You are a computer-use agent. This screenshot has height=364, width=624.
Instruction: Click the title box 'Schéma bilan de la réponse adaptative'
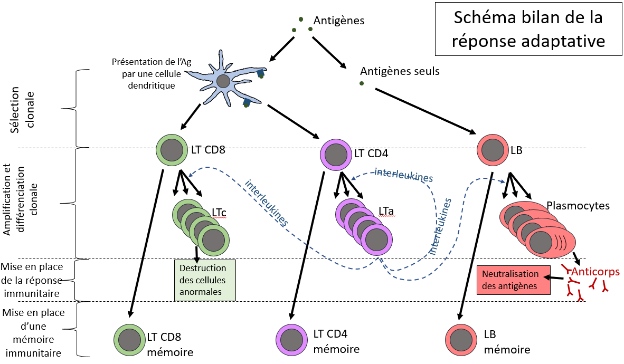[528, 28]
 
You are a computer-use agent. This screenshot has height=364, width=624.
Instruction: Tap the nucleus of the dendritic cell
[223, 81]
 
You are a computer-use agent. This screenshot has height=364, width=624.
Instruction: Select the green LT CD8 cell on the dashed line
[172, 150]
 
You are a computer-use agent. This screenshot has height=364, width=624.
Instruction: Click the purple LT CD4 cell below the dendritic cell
[336, 155]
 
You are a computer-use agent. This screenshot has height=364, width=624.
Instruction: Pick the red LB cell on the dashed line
[493, 150]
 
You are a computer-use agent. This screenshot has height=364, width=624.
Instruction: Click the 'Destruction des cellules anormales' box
[205, 280]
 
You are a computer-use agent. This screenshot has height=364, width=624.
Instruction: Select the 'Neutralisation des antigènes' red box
[513, 280]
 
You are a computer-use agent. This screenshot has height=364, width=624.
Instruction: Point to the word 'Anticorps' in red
[595, 272]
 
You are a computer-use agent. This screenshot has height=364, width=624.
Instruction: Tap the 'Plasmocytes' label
[578, 206]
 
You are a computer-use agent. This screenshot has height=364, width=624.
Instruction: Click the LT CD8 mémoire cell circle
[130, 340]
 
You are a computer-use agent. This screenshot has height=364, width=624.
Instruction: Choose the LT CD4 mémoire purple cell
[292, 339]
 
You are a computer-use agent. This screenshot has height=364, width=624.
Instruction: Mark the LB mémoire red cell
[461, 340]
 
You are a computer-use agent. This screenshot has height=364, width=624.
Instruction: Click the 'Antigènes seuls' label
[400, 71]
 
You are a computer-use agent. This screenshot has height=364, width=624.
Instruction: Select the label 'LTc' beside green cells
[219, 213]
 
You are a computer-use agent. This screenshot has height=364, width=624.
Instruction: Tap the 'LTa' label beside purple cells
[386, 211]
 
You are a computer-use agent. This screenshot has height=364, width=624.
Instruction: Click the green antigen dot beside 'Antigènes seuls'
[361, 83]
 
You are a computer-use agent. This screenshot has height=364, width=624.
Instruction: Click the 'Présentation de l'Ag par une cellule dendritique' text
[152, 74]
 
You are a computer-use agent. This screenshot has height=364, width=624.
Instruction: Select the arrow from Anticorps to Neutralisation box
[554, 277]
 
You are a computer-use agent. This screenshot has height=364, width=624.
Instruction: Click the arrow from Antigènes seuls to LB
[426, 111]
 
